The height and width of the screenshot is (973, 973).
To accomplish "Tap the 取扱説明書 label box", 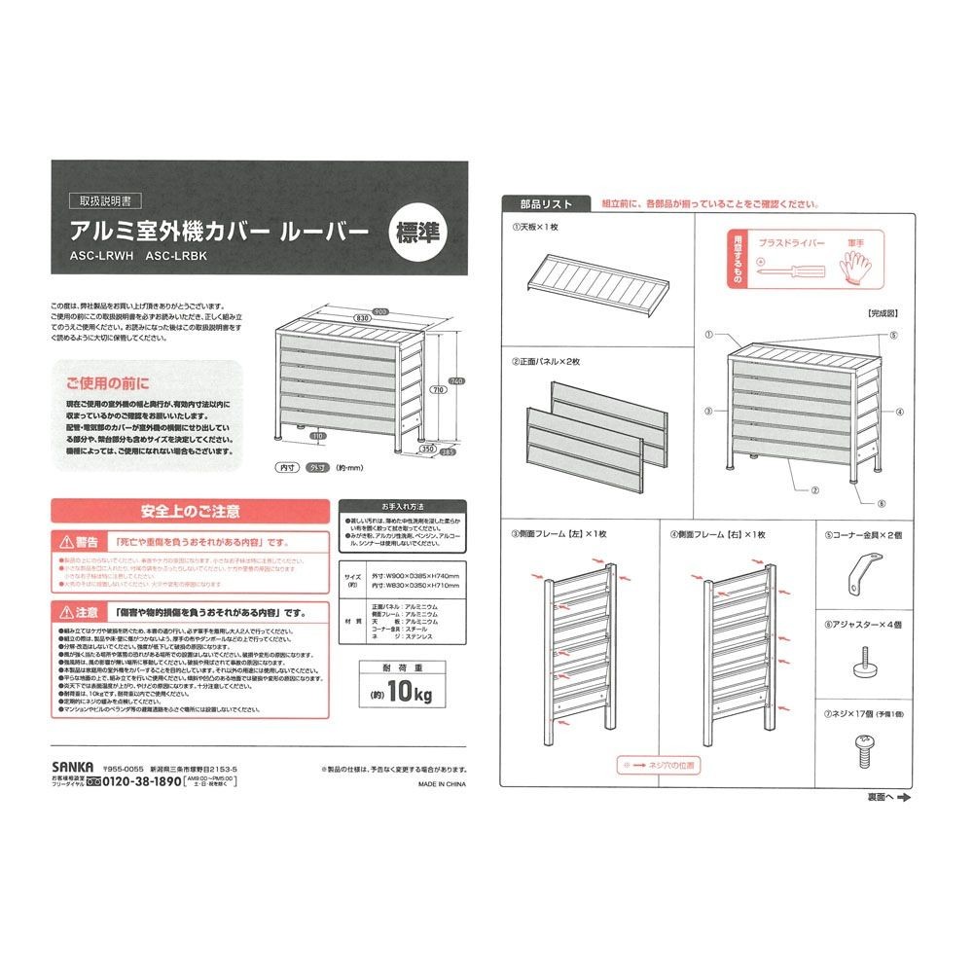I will click(106, 202).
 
